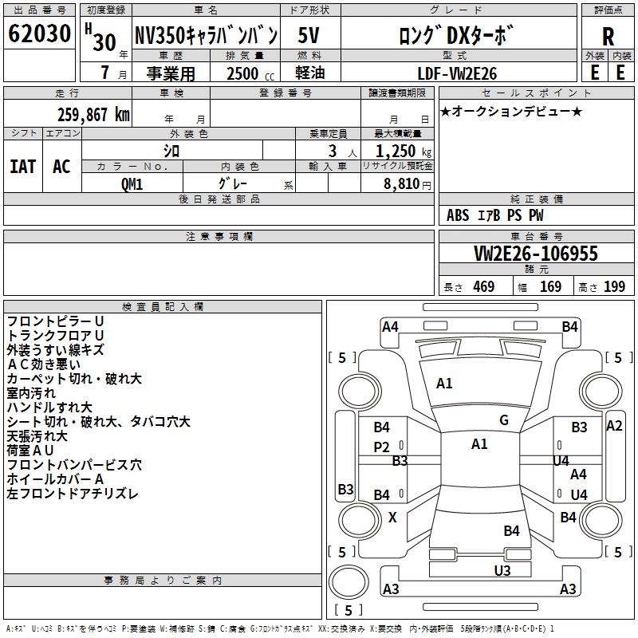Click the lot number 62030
[x=40, y=36]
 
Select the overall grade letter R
[x=608, y=36]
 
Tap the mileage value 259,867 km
[x=93, y=114]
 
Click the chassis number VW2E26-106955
[x=535, y=254]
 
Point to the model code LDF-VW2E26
[x=458, y=73]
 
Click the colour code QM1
[x=132, y=183]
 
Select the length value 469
[x=482, y=287]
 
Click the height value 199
[x=614, y=287]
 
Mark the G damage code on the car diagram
[x=504, y=420]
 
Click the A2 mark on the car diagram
[x=614, y=426]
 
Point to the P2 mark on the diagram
[x=382, y=447]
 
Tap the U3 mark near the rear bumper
[x=502, y=570]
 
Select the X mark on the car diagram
[x=392, y=518]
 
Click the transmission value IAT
[x=23, y=166]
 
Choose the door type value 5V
[x=311, y=36]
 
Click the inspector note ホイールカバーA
[x=55, y=479]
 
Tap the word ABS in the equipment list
[x=458, y=215]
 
